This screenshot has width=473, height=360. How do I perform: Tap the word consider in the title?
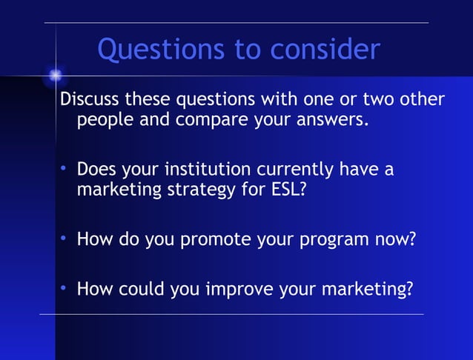[325, 50]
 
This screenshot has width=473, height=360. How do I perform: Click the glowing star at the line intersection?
[55, 74]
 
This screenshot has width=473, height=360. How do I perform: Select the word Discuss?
[90, 99]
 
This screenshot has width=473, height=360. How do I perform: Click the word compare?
[214, 119]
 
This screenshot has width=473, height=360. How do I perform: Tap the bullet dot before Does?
[64, 170]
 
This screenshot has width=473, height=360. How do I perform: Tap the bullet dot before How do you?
[64, 239]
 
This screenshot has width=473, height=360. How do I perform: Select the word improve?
[239, 290]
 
